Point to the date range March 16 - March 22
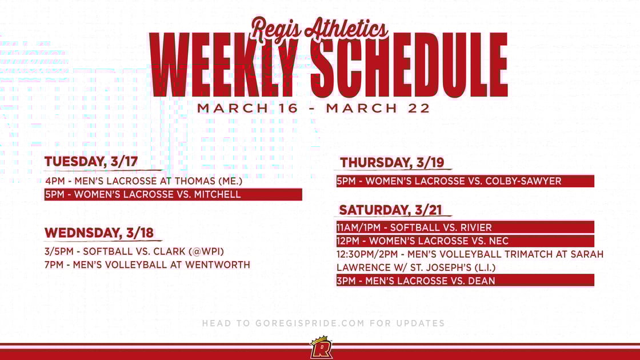coord(314,108)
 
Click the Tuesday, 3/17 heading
coord(91,162)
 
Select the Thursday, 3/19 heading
coord(392,163)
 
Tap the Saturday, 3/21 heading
coord(391,210)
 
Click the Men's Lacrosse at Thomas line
coord(144,181)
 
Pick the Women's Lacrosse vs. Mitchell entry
coord(143,194)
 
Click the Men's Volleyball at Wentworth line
coord(147,265)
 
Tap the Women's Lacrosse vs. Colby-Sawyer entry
coord(449,181)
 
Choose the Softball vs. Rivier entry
coord(414,227)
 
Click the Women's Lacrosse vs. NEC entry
coord(422,241)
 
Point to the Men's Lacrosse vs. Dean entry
coord(416,280)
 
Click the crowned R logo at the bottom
coord(321,347)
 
